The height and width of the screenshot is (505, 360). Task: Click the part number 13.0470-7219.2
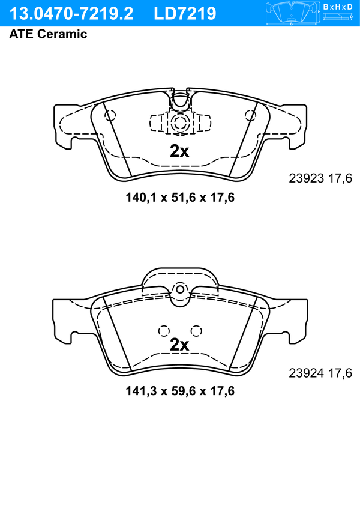(71, 14)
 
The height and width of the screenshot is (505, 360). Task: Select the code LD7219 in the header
(185, 14)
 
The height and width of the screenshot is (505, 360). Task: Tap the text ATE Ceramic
(48, 34)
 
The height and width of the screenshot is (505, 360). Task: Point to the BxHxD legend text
(338, 7)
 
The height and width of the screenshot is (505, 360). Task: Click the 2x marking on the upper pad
(179, 151)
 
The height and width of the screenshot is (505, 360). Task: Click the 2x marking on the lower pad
(179, 345)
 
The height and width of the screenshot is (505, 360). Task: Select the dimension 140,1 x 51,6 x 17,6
(180, 197)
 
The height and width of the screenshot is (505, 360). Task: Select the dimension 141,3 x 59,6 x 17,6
(180, 391)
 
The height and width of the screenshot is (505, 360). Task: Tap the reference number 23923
(306, 178)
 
